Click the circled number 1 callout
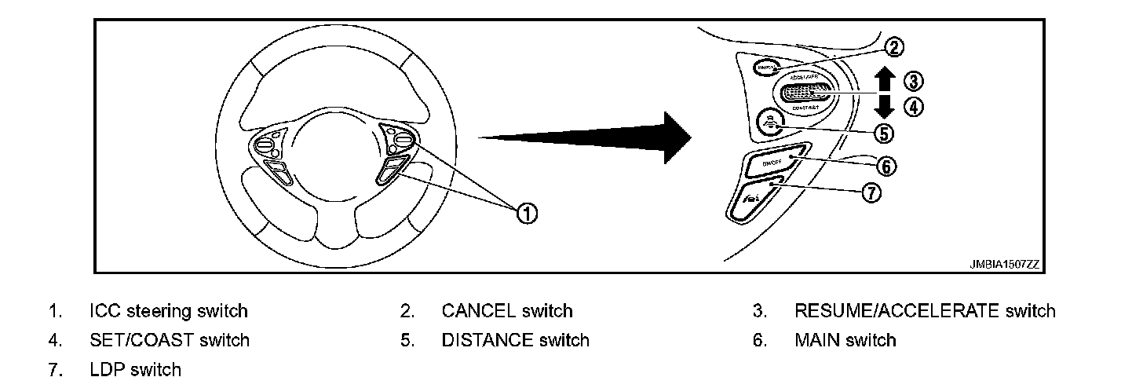click(528, 211)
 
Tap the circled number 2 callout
click(893, 47)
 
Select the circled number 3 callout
click(913, 80)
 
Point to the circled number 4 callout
click(913, 107)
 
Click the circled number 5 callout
click(885, 134)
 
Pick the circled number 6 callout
click(886, 166)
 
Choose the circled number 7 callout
click(871, 192)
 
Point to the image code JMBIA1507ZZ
click(1005, 265)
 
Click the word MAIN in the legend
click(816, 340)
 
